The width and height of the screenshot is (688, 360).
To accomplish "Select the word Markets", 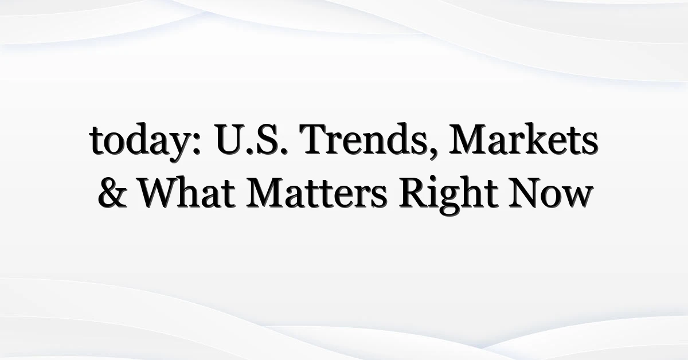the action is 523,138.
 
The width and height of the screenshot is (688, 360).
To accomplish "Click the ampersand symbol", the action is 112,193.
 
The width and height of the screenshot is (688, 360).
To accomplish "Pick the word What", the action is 187,192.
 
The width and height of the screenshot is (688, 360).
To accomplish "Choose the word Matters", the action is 316,193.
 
